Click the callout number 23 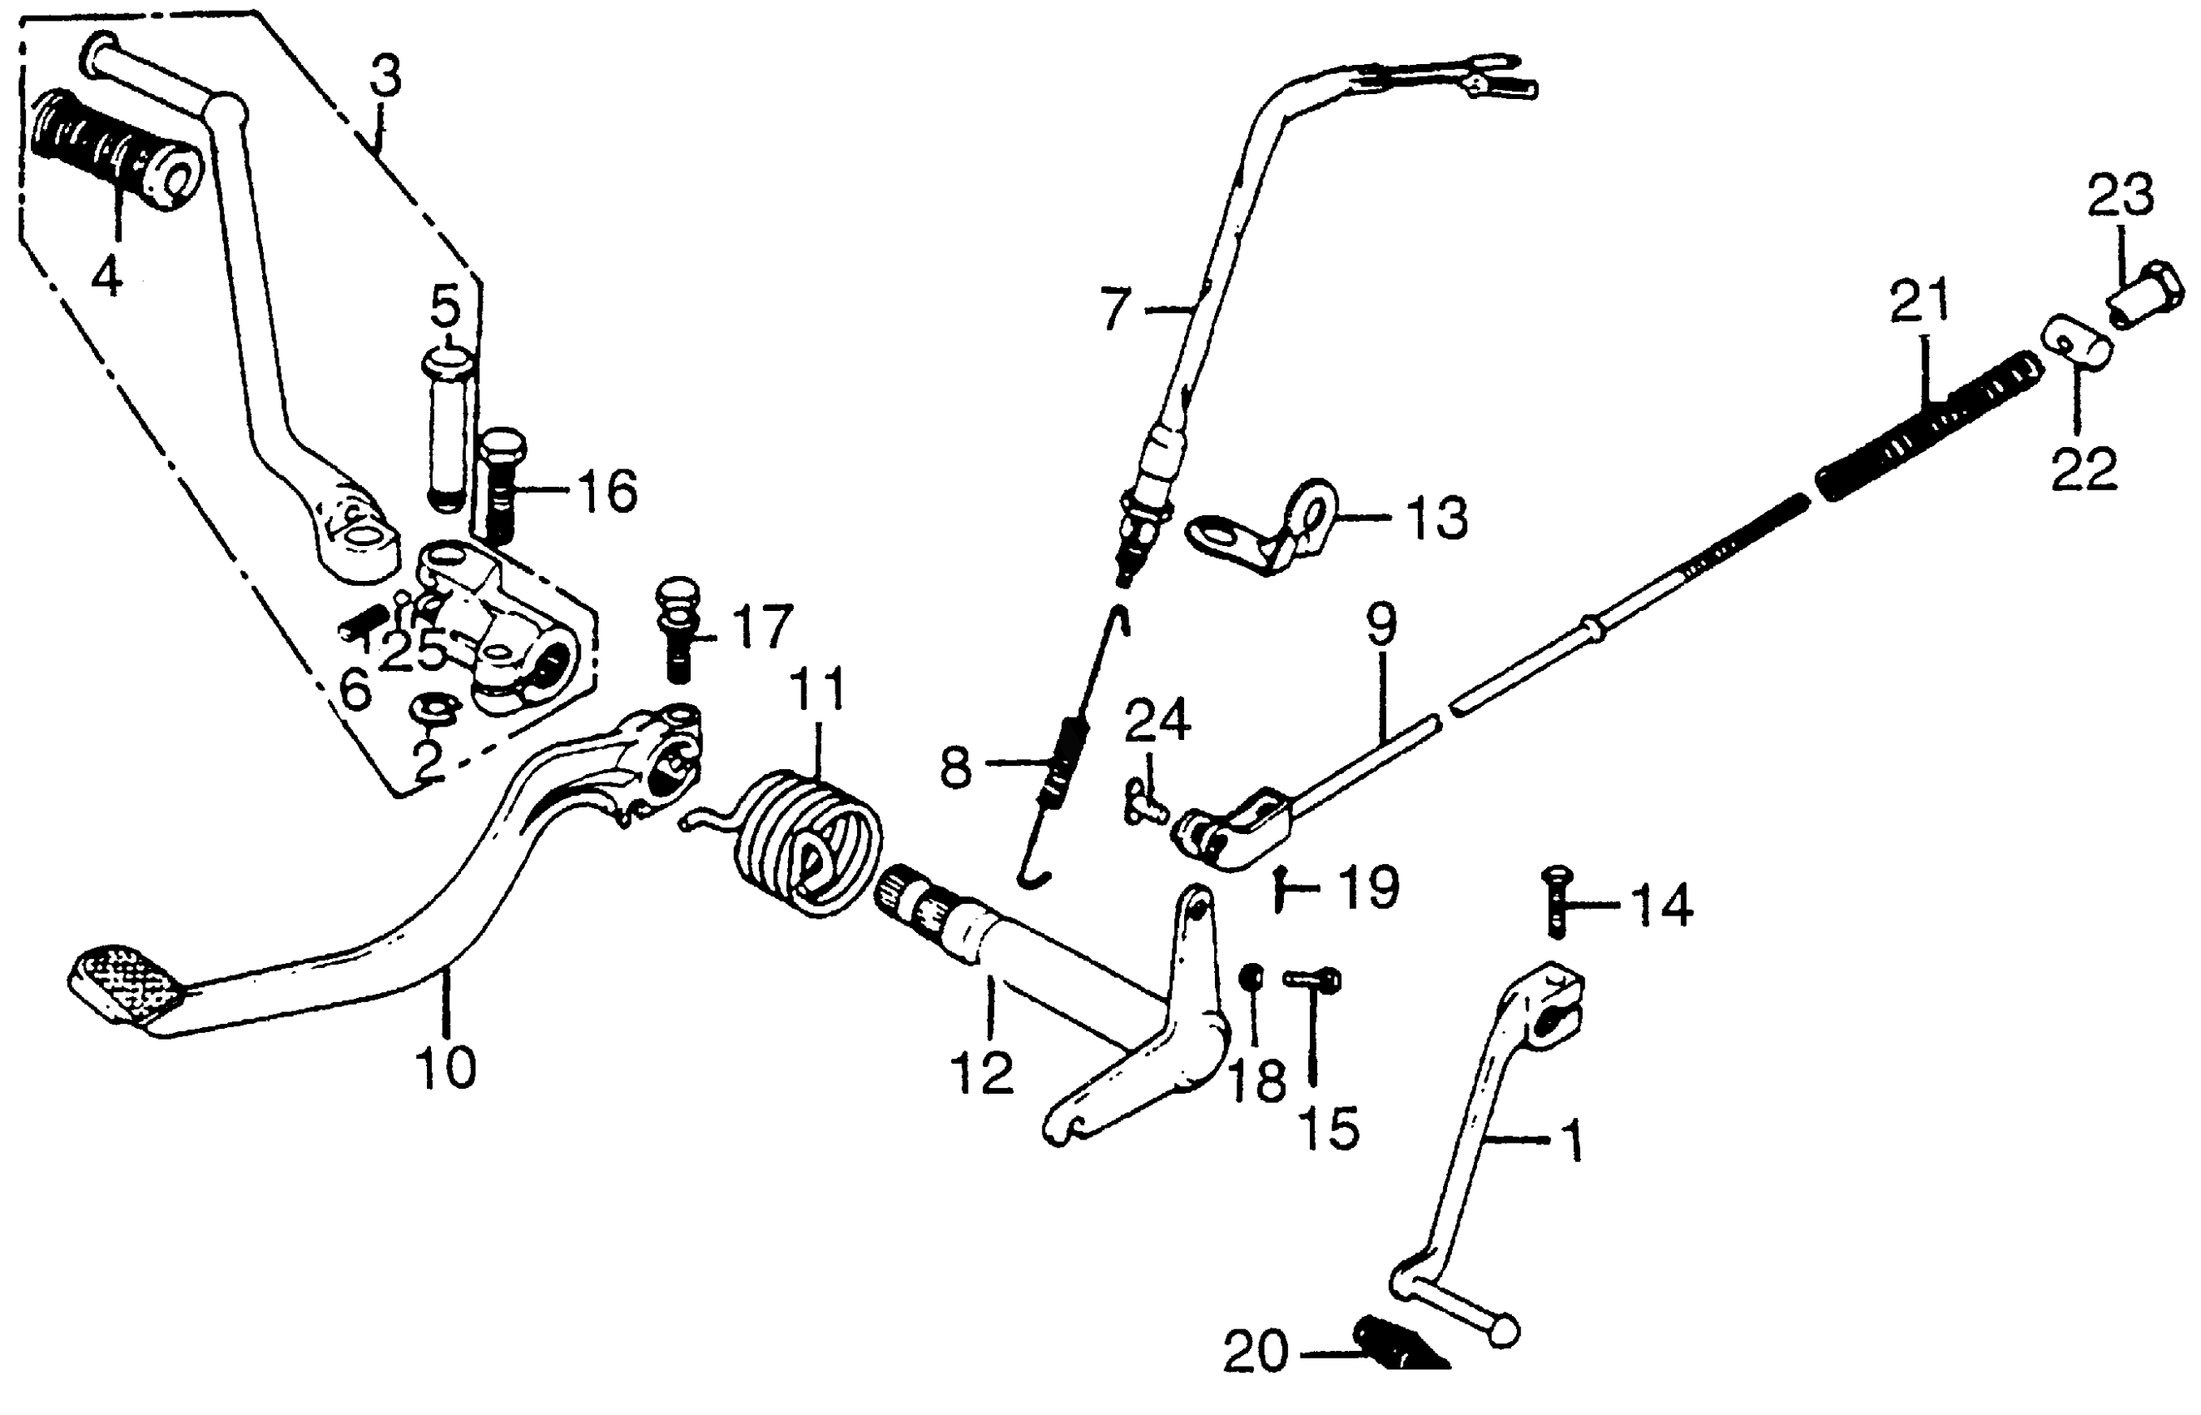[2119, 196]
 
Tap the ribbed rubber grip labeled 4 [115, 147]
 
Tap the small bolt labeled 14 [1556, 901]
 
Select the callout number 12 [982, 1073]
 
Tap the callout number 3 [386, 78]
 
